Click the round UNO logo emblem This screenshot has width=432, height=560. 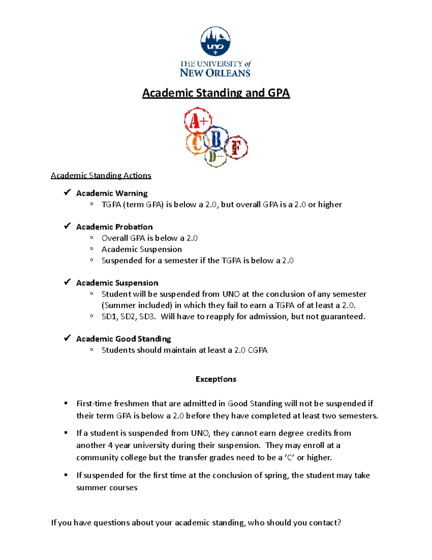click(x=215, y=41)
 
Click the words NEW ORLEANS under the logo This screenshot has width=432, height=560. click(x=215, y=73)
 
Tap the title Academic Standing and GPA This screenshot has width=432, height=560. click(x=216, y=93)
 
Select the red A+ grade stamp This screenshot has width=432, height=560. click(x=198, y=121)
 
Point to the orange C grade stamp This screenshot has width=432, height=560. click(x=196, y=144)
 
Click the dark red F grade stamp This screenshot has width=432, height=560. click(x=237, y=147)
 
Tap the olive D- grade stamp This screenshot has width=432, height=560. click(x=215, y=157)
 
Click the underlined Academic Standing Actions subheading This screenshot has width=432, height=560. click(x=101, y=176)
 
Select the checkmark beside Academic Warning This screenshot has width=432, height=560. click(x=67, y=193)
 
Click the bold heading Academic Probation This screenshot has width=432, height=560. click(x=114, y=227)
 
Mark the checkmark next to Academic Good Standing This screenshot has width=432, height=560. click(x=67, y=338)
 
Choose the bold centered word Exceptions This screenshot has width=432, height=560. click(x=216, y=379)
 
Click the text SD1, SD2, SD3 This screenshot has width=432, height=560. click(x=129, y=317)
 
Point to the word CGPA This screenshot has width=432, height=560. click(x=258, y=350)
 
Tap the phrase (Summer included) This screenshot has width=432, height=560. click(x=137, y=305)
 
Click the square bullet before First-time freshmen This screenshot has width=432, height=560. click(x=66, y=403)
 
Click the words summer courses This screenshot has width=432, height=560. click(x=107, y=488)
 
